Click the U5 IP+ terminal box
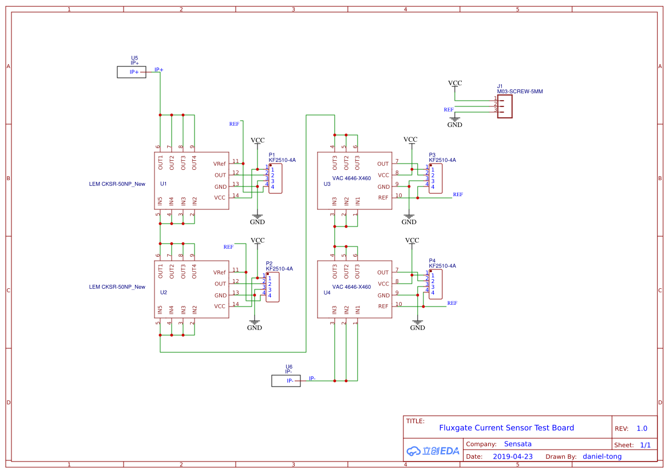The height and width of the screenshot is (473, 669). tap(131, 72)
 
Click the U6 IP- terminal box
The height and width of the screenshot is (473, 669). tap(286, 381)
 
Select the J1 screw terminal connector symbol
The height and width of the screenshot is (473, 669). tap(504, 106)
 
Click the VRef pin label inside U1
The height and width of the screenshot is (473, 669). tap(220, 164)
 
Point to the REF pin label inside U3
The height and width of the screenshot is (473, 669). tap(383, 198)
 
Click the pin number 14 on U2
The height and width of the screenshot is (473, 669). tap(235, 304)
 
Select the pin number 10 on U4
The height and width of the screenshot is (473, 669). tap(399, 304)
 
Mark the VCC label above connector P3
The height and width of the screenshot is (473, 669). tap(410, 140)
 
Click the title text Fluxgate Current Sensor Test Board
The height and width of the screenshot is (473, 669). tap(506, 428)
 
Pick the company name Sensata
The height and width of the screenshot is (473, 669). tap(517, 444)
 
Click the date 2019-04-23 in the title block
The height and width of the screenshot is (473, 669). tap(513, 456)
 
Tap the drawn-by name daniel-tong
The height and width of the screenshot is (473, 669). tap(602, 456)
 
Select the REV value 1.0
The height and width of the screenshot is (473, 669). tap(642, 428)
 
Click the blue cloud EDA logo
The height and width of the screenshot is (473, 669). tap(433, 451)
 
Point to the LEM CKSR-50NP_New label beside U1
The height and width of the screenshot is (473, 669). tap(117, 184)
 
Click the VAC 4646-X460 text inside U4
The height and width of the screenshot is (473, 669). tap(351, 287)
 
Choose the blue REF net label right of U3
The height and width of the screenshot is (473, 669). tap(458, 194)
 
